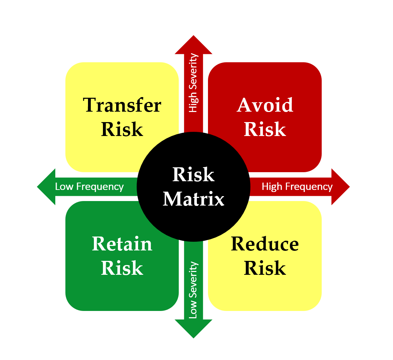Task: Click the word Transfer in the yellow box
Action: [x=122, y=105]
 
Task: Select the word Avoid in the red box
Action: [x=265, y=105]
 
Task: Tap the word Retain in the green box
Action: [x=122, y=244]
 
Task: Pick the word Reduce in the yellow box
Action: [x=265, y=244]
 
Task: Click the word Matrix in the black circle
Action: [x=194, y=199]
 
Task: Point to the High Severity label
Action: [x=193, y=83]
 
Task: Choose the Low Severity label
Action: [x=193, y=290]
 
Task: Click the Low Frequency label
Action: [x=89, y=187]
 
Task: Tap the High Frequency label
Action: [x=297, y=187]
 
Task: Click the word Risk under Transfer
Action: [x=122, y=129]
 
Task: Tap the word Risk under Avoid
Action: [x=265, y=129]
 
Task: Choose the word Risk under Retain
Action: [x=122, y=268]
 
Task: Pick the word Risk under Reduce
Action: [x=265, y=268]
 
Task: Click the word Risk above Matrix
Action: [x=193, y=175]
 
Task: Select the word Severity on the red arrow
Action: [x=193, y=73]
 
